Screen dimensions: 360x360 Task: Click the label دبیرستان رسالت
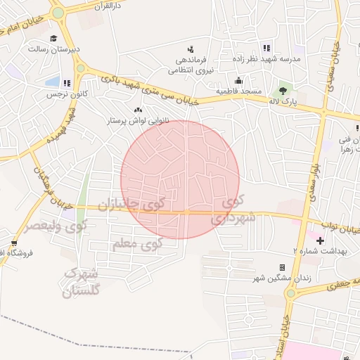coord(46,49)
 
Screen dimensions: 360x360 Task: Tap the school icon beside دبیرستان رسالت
coord(54,39)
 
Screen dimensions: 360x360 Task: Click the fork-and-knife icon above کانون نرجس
coord(67,82)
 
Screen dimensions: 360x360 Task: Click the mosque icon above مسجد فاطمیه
coord(239,80)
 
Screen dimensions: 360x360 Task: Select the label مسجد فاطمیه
coord(239,92)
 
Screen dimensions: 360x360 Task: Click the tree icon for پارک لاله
coord(283,90)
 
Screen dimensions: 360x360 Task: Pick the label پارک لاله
coord(285,102)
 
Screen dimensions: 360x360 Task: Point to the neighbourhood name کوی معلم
coord(137,244)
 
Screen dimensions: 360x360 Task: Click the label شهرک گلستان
coord(82,281)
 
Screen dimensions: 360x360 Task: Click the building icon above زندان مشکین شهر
coord(283,267)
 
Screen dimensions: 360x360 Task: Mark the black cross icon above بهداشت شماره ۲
coord(320,240)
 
